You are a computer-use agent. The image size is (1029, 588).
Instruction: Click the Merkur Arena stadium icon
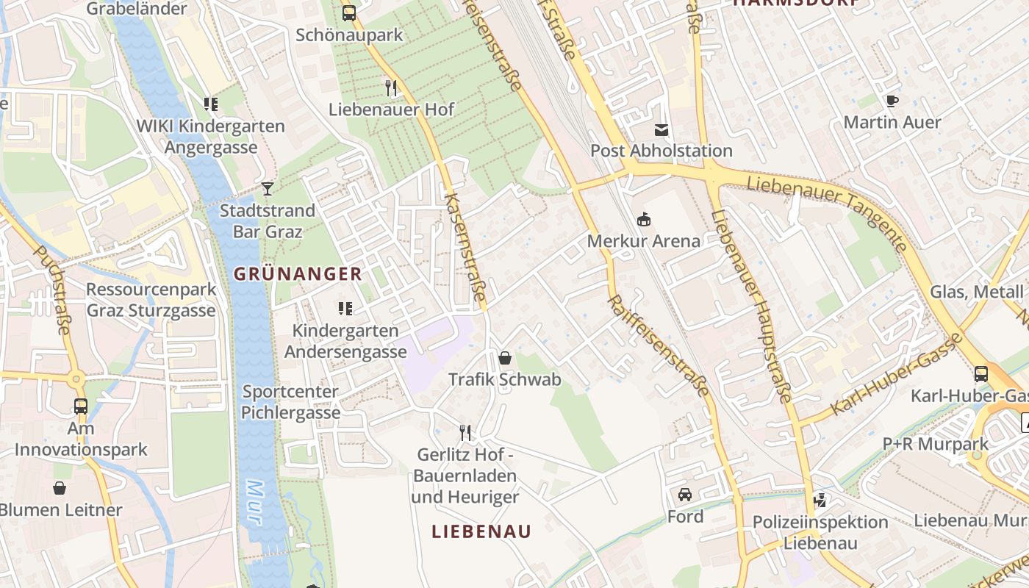pyautogui.click(x=644, y=219)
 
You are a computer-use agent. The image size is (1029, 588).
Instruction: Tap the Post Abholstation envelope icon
pyautogui.click(x=661, y=130)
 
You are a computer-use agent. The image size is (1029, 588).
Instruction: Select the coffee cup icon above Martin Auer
pyautogui.click(x=892, y=101)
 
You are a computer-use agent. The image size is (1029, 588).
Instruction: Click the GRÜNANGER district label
pyautogui.click(x=298, y=274)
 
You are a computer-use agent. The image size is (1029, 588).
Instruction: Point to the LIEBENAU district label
pyautogui.click(x=481, y=531)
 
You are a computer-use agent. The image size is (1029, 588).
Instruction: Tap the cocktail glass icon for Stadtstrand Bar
pyautogui.click(x=268, y=190)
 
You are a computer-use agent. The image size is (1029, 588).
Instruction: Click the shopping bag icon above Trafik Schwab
pyautogui.click(x=505, y=359)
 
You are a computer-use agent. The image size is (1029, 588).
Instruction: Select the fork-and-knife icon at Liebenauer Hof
pyautogui.click(x=391, y=88)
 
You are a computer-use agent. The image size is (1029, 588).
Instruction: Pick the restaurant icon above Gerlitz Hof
pyautogui.click(x=465, y=432)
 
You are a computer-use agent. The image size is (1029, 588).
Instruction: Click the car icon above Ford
pyautogui.click(x=685, y=495)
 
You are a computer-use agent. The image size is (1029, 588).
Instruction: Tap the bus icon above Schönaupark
pyautogui.click(x=349, y=12)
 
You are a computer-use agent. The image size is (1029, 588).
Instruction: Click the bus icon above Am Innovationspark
pyautogui.click(x=81, y=406)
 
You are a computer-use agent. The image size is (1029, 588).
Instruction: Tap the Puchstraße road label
pyautogui.click(x=53, y=290)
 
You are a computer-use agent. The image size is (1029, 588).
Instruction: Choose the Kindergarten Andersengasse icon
pyautogui.click(x=345, y=309)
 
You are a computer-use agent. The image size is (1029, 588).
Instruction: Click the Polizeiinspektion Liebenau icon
pyautogui.click(x=820, y=501)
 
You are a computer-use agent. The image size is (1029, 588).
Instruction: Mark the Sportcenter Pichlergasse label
pyautogui.click(x=291, y=402)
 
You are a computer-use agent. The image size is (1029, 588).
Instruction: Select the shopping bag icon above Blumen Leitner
pyautogui.click(x=60, y=488)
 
